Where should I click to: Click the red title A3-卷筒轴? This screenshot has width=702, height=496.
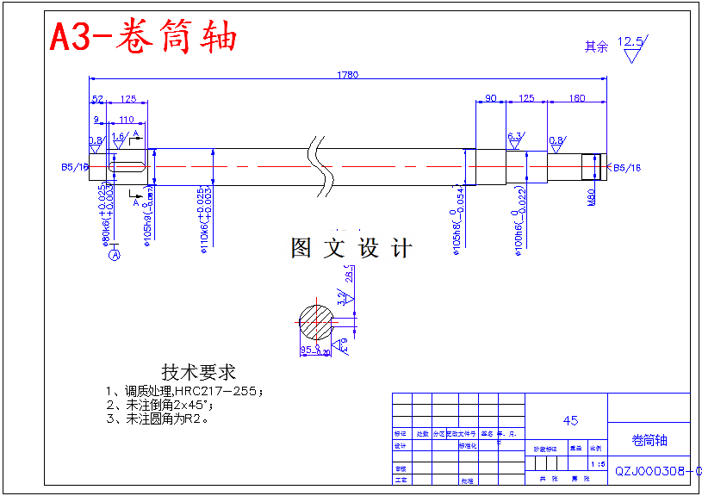coord(143,37)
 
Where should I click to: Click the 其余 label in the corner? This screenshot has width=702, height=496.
coord(596,47)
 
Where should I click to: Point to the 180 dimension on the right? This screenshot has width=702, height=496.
coord(577,99)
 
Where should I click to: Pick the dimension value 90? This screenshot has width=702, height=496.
coord(491,99)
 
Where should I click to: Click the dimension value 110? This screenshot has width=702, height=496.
coord(126,121)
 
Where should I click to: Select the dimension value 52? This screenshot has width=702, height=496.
coord(97,99)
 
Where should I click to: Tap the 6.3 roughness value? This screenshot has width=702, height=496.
coord(515,137)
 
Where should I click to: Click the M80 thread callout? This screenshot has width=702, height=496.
coord(592,197)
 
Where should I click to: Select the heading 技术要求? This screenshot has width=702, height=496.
coord(198,373)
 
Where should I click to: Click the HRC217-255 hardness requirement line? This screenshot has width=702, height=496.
coord(184,390)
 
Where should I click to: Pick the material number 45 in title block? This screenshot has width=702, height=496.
coord(570,421)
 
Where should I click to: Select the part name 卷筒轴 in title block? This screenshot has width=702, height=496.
coord(649,441)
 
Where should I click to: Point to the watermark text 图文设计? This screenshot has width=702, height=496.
coord(351,250)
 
